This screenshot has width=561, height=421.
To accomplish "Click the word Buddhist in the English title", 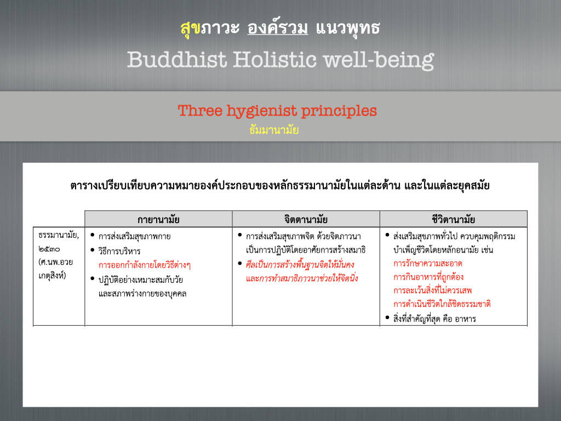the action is pyautogui.click(x=177, y=59).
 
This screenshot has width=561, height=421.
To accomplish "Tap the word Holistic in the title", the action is pyautogui.click(x=275, y=59).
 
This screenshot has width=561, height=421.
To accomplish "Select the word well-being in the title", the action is pyautogui.click(x=379, y=60).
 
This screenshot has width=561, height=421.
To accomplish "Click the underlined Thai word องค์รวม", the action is pyautogui.click(x=278, y=27).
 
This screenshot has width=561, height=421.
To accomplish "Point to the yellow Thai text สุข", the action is pyautogui.click(x=190, y=29).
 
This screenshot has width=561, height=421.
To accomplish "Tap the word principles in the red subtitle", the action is pyautogui.click(x=339, y=111).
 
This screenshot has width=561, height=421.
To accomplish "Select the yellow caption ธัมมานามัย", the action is pyautogui.click(x=274, y=129).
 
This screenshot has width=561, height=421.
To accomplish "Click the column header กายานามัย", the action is pyautogui.click(x=158, y=219).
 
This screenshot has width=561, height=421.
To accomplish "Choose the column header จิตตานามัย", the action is pyautogui.click(x=306, y=219).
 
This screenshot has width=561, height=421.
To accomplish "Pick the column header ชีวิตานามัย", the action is pyautogui.click(x=453, y=219).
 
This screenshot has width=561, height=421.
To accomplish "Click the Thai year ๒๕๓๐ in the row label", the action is pyautogui.click(x=49, y=249).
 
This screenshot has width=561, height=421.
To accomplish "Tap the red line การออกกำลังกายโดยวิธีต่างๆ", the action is pyautogui.click(x=145, y=265).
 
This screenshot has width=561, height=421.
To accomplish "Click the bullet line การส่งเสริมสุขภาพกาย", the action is pyautogui.click(x=135, y=236).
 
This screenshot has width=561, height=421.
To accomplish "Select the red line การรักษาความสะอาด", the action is pyautogui.click(x=428, y=264).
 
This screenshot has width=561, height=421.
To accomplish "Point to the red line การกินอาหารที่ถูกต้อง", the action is pyautogui.click(x=428, y=277).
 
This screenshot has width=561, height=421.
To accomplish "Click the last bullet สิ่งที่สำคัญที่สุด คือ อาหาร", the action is pyautogui.click(x=434, y=318).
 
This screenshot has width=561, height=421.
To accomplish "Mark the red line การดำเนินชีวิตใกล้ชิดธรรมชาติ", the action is pyautogui.click(x=442, y=304).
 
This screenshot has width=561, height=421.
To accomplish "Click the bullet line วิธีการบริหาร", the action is pyautogui.click(x=119, y=251).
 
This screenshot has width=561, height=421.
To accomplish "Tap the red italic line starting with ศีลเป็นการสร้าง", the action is pyautogui.click(x=300, y=265).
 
